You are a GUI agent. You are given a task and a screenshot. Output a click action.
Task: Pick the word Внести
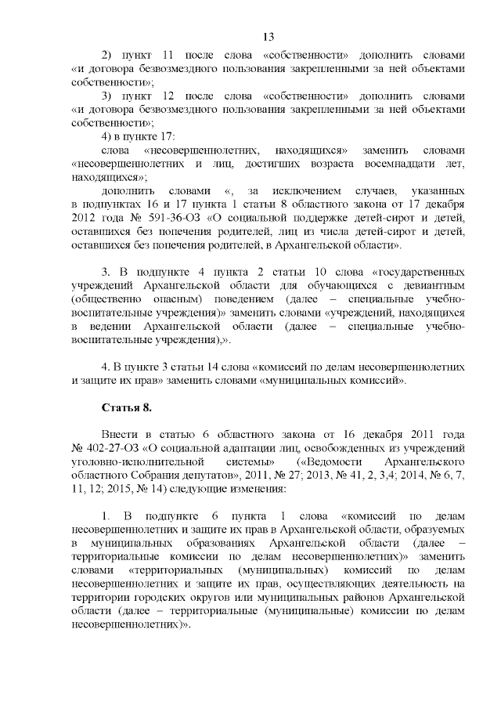pos(121,433)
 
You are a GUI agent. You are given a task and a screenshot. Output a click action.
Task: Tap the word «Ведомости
pos(338,461)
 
